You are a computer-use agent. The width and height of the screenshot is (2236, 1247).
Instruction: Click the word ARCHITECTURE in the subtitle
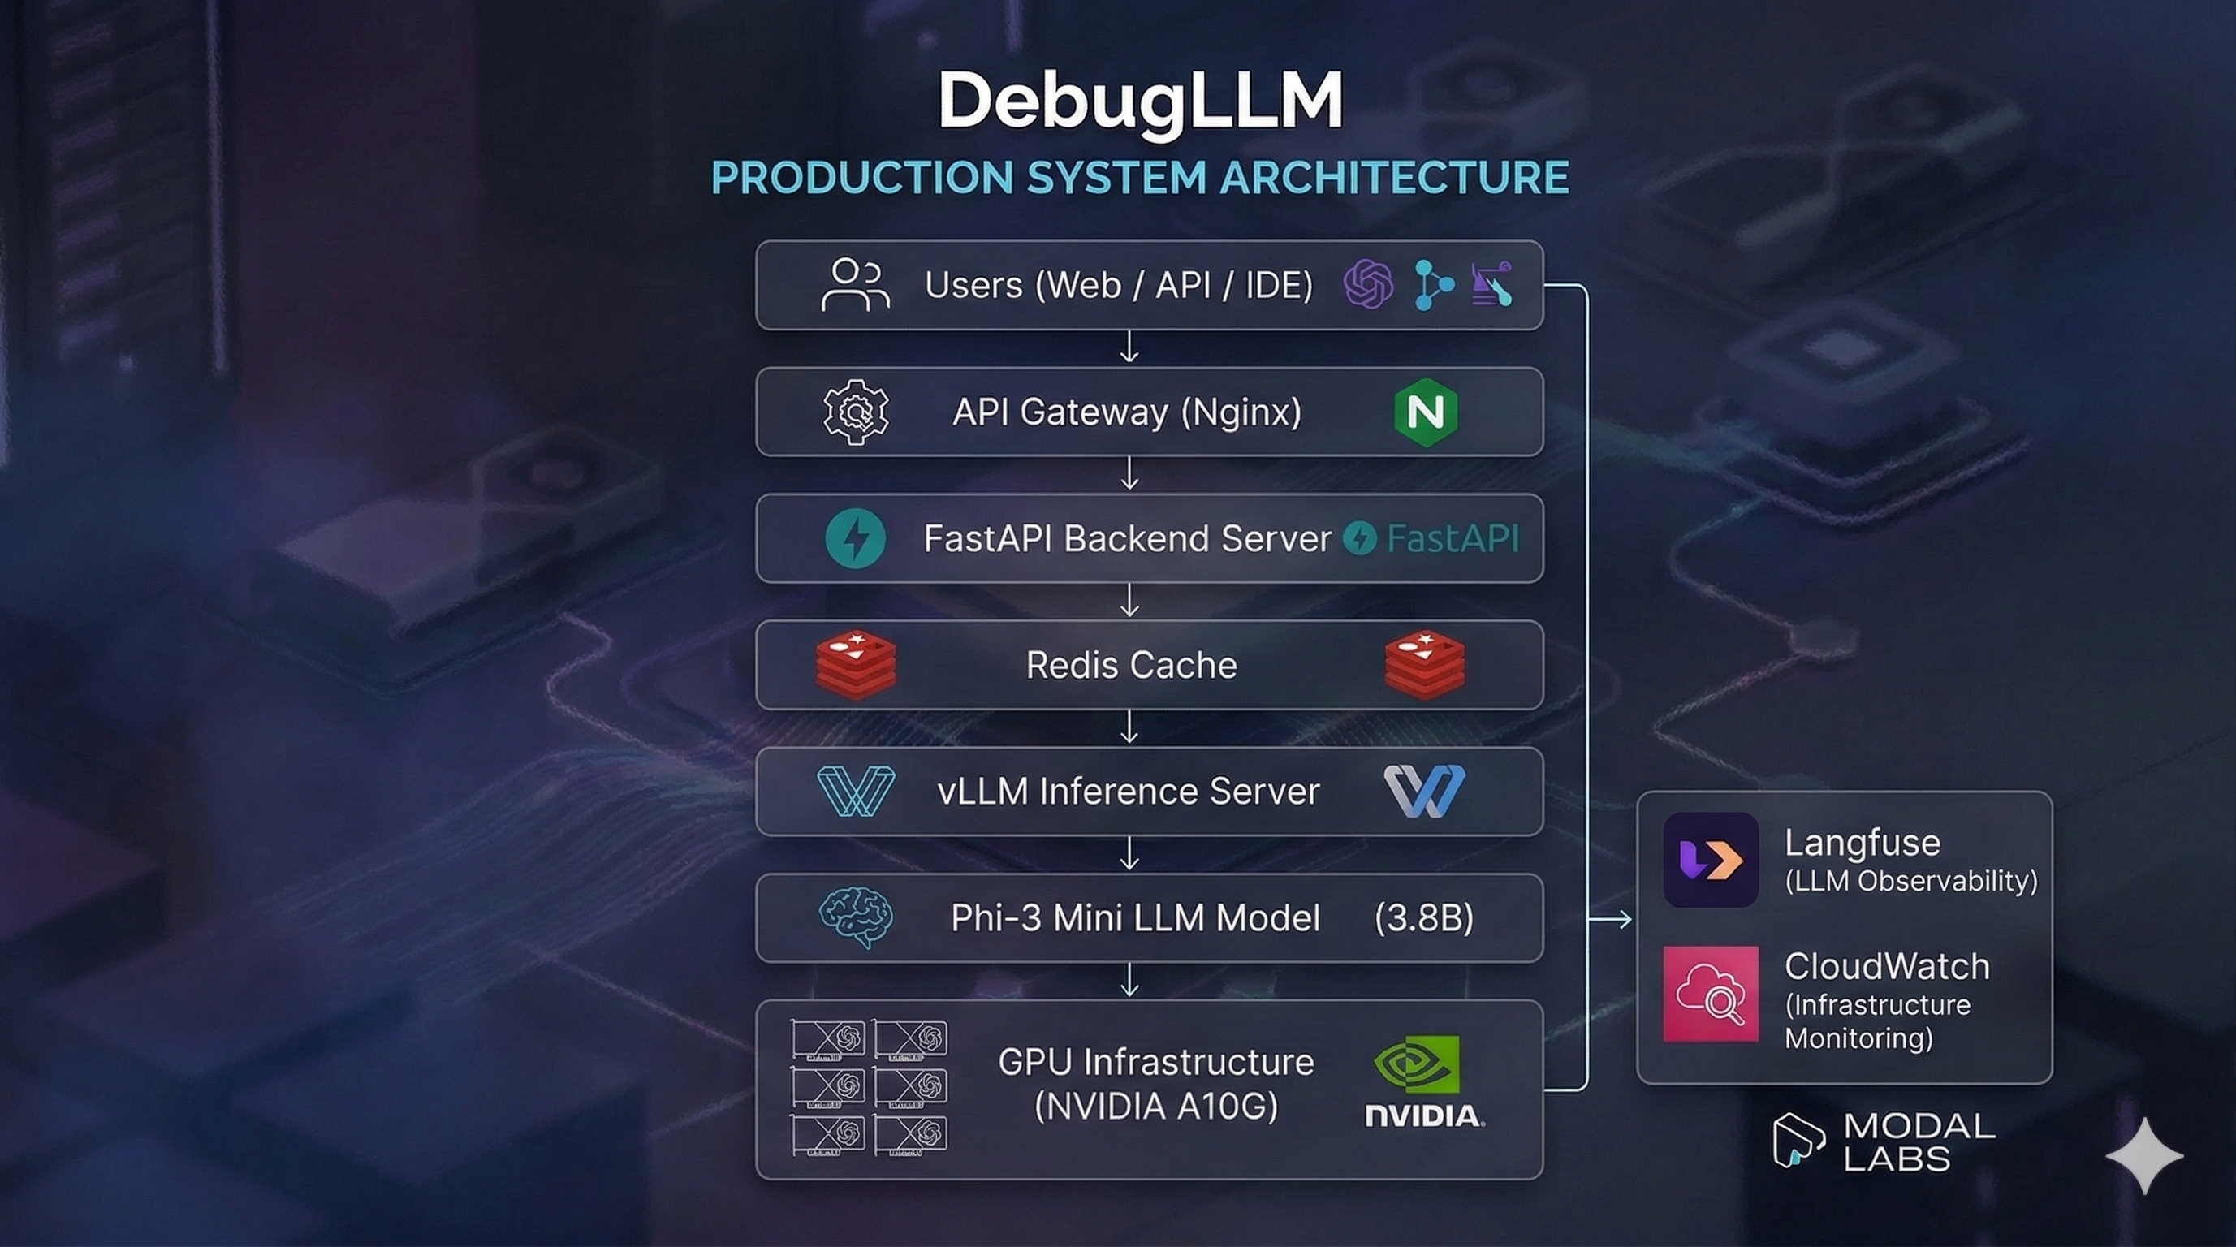[1394, 177]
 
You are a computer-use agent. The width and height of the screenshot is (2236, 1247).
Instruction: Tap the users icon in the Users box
[855, 285]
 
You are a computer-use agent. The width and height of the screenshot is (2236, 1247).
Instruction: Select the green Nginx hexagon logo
[1425, 412]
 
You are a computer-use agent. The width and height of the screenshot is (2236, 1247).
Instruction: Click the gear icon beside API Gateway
[856, 412]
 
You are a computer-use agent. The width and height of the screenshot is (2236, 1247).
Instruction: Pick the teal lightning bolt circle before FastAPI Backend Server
[856, 538]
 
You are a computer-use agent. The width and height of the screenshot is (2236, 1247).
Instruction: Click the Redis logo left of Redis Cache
[856, 665]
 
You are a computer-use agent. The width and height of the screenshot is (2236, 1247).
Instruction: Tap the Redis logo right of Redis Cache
[1425, 665]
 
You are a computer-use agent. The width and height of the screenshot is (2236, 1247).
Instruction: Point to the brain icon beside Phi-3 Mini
[856, 917]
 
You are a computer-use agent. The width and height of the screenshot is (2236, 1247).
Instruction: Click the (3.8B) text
[1423, 918]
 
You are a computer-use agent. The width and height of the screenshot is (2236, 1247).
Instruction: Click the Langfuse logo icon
[1710, 860]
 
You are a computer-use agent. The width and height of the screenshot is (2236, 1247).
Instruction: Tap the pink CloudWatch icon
[1710, 995]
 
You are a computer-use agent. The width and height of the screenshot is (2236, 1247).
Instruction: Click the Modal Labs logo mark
[1797, 1141]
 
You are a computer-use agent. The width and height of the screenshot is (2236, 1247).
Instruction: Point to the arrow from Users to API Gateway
[1129, 347]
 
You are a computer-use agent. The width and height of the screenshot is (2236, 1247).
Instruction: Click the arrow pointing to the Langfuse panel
[1611, 919]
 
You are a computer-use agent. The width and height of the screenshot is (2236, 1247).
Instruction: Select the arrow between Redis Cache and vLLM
[1129, 727]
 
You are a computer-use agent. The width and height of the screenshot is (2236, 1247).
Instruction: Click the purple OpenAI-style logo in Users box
[1368, 284]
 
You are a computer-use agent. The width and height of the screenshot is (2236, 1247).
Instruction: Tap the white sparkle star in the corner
[2144, 1155]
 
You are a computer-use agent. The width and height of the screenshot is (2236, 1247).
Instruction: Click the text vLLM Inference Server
[1128, 792]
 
